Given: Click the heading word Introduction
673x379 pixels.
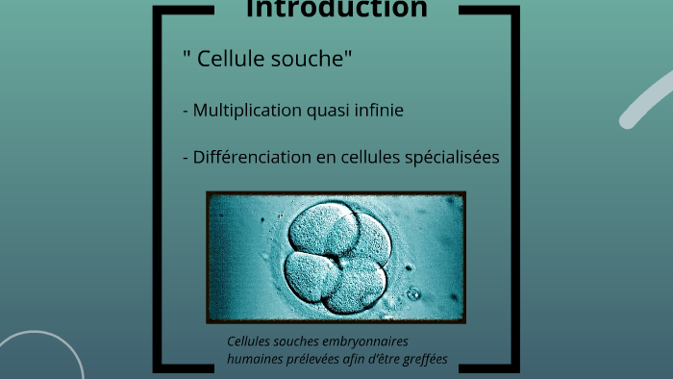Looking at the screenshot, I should pos(336,10).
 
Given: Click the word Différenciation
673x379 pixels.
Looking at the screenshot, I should pos(252,158).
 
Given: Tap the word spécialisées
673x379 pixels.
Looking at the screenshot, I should pos(452,158).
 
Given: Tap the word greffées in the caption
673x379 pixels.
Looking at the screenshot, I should pos(422,361).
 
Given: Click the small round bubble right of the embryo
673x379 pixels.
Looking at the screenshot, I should pos(413,293).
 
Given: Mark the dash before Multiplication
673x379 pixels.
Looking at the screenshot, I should pos(186,111).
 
